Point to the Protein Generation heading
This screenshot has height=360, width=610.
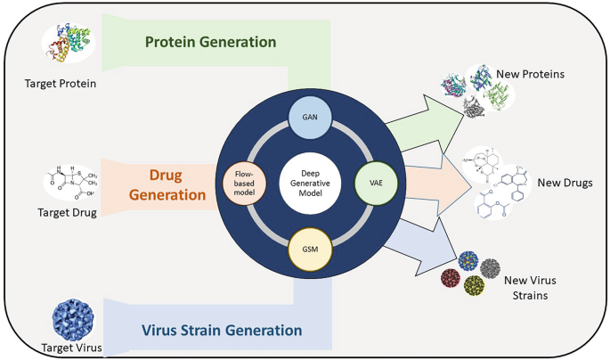pyautogui.click(x=210, y=42)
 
